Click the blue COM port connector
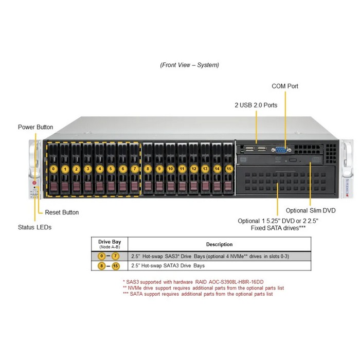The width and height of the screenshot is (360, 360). pyautogui.click(x=281, y=150)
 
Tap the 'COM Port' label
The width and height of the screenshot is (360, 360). pyautogui.click(x=285, y=86)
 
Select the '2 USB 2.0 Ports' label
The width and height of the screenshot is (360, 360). pyautogui.click(x=256, y=105)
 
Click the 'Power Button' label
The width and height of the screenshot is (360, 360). pyautogui.click(x=35, y=127)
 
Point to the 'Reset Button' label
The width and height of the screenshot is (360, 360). pyautogui.click(x=62, y=212)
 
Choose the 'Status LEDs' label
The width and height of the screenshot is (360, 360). pyautogui.click(x=35, y=227)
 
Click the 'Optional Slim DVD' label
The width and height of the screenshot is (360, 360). pyautogui.click(x=311, y=210)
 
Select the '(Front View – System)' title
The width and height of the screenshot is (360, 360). pyautogui.click(x=189, y=65)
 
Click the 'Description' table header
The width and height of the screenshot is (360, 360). pyautogui.click(x=219, y=244)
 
